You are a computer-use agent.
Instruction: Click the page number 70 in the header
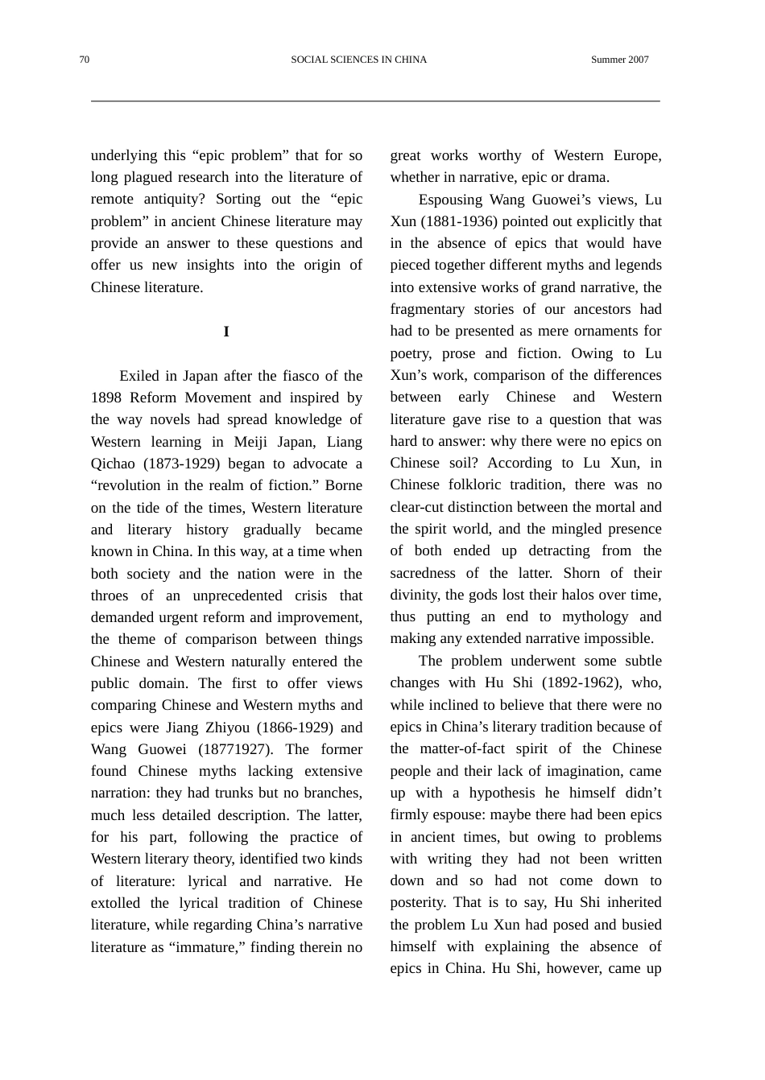(85, 60)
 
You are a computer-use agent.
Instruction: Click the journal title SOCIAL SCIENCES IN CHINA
(358, 60)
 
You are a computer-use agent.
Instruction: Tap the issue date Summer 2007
(619, 60)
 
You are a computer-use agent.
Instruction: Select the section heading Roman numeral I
(226, 332)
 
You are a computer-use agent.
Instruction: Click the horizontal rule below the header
(375, 101)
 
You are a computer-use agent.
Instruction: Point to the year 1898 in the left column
(106, 398)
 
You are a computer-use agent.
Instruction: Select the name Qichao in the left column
(113, 464)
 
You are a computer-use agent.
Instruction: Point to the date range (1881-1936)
(459, 221)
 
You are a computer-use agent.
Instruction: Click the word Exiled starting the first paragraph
(139, 376)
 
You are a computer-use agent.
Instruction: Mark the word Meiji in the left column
(251, 442)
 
